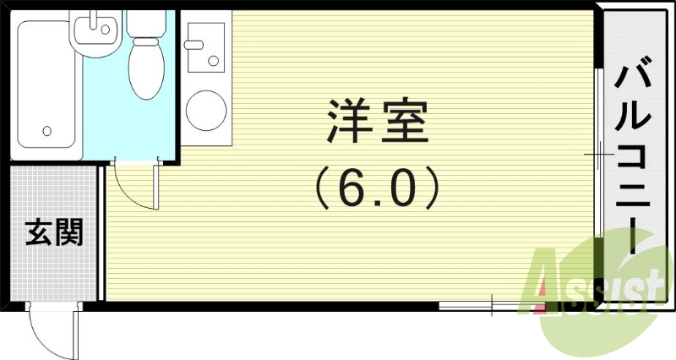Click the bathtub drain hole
pyautogui.click(x=46, y=131)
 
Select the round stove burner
pyautogui.click(x=205, y=108)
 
